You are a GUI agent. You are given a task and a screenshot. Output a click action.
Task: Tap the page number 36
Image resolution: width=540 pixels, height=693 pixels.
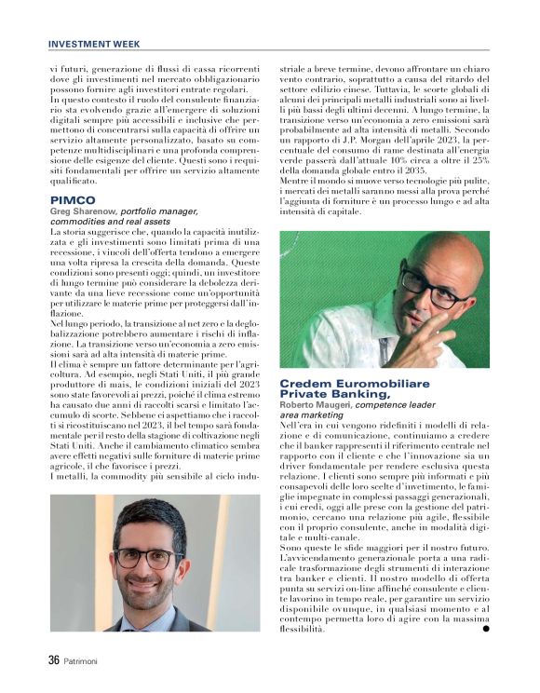(54, 660)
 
